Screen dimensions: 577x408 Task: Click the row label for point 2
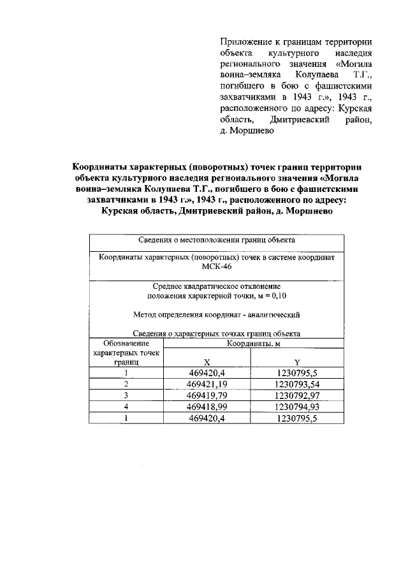click(127, 384)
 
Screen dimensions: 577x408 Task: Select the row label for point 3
click(127, 396)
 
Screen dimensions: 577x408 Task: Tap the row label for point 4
click(127, 407)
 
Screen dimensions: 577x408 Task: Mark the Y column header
click(296, 362)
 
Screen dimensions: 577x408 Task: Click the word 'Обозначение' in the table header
click(127, 344)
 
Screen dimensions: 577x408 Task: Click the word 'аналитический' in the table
click(272, 315)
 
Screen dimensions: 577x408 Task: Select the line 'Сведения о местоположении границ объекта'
click(216, 241)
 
